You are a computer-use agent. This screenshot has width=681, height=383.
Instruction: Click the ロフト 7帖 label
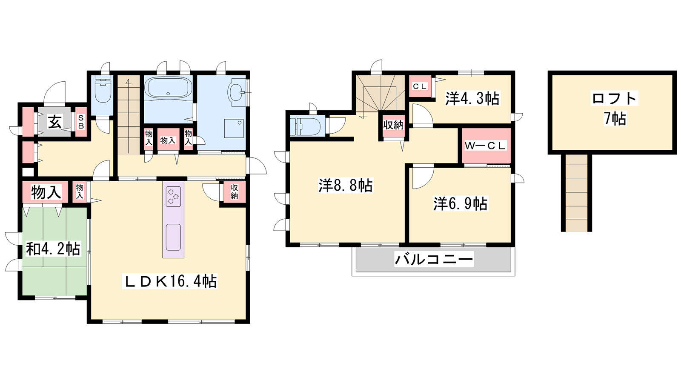(615, 109)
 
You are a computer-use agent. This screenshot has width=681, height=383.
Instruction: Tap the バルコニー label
(434, 259)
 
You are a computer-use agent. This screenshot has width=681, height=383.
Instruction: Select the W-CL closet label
(485, 146)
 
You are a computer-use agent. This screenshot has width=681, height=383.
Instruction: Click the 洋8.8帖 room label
(346, 185)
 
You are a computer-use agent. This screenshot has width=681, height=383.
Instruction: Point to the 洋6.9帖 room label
(460, 203)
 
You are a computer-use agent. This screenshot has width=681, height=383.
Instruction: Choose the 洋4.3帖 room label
(472, 98)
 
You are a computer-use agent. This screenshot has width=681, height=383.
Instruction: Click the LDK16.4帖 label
(170, 281)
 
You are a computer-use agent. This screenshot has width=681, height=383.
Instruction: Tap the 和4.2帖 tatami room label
(53, 249)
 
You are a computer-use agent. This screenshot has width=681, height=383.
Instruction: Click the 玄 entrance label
(55, 122)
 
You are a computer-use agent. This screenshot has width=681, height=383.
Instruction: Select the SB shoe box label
(81, 122)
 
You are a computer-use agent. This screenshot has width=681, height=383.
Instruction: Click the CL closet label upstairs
(420, 86)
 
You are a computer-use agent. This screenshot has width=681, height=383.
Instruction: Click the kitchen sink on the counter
(173, 237)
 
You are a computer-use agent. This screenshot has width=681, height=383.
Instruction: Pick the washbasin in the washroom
(237, 92)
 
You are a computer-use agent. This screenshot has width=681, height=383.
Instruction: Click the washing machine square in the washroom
(235, 128)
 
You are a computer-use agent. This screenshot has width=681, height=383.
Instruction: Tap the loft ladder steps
(576, 193)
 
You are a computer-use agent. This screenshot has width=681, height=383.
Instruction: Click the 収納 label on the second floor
(393, 125)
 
